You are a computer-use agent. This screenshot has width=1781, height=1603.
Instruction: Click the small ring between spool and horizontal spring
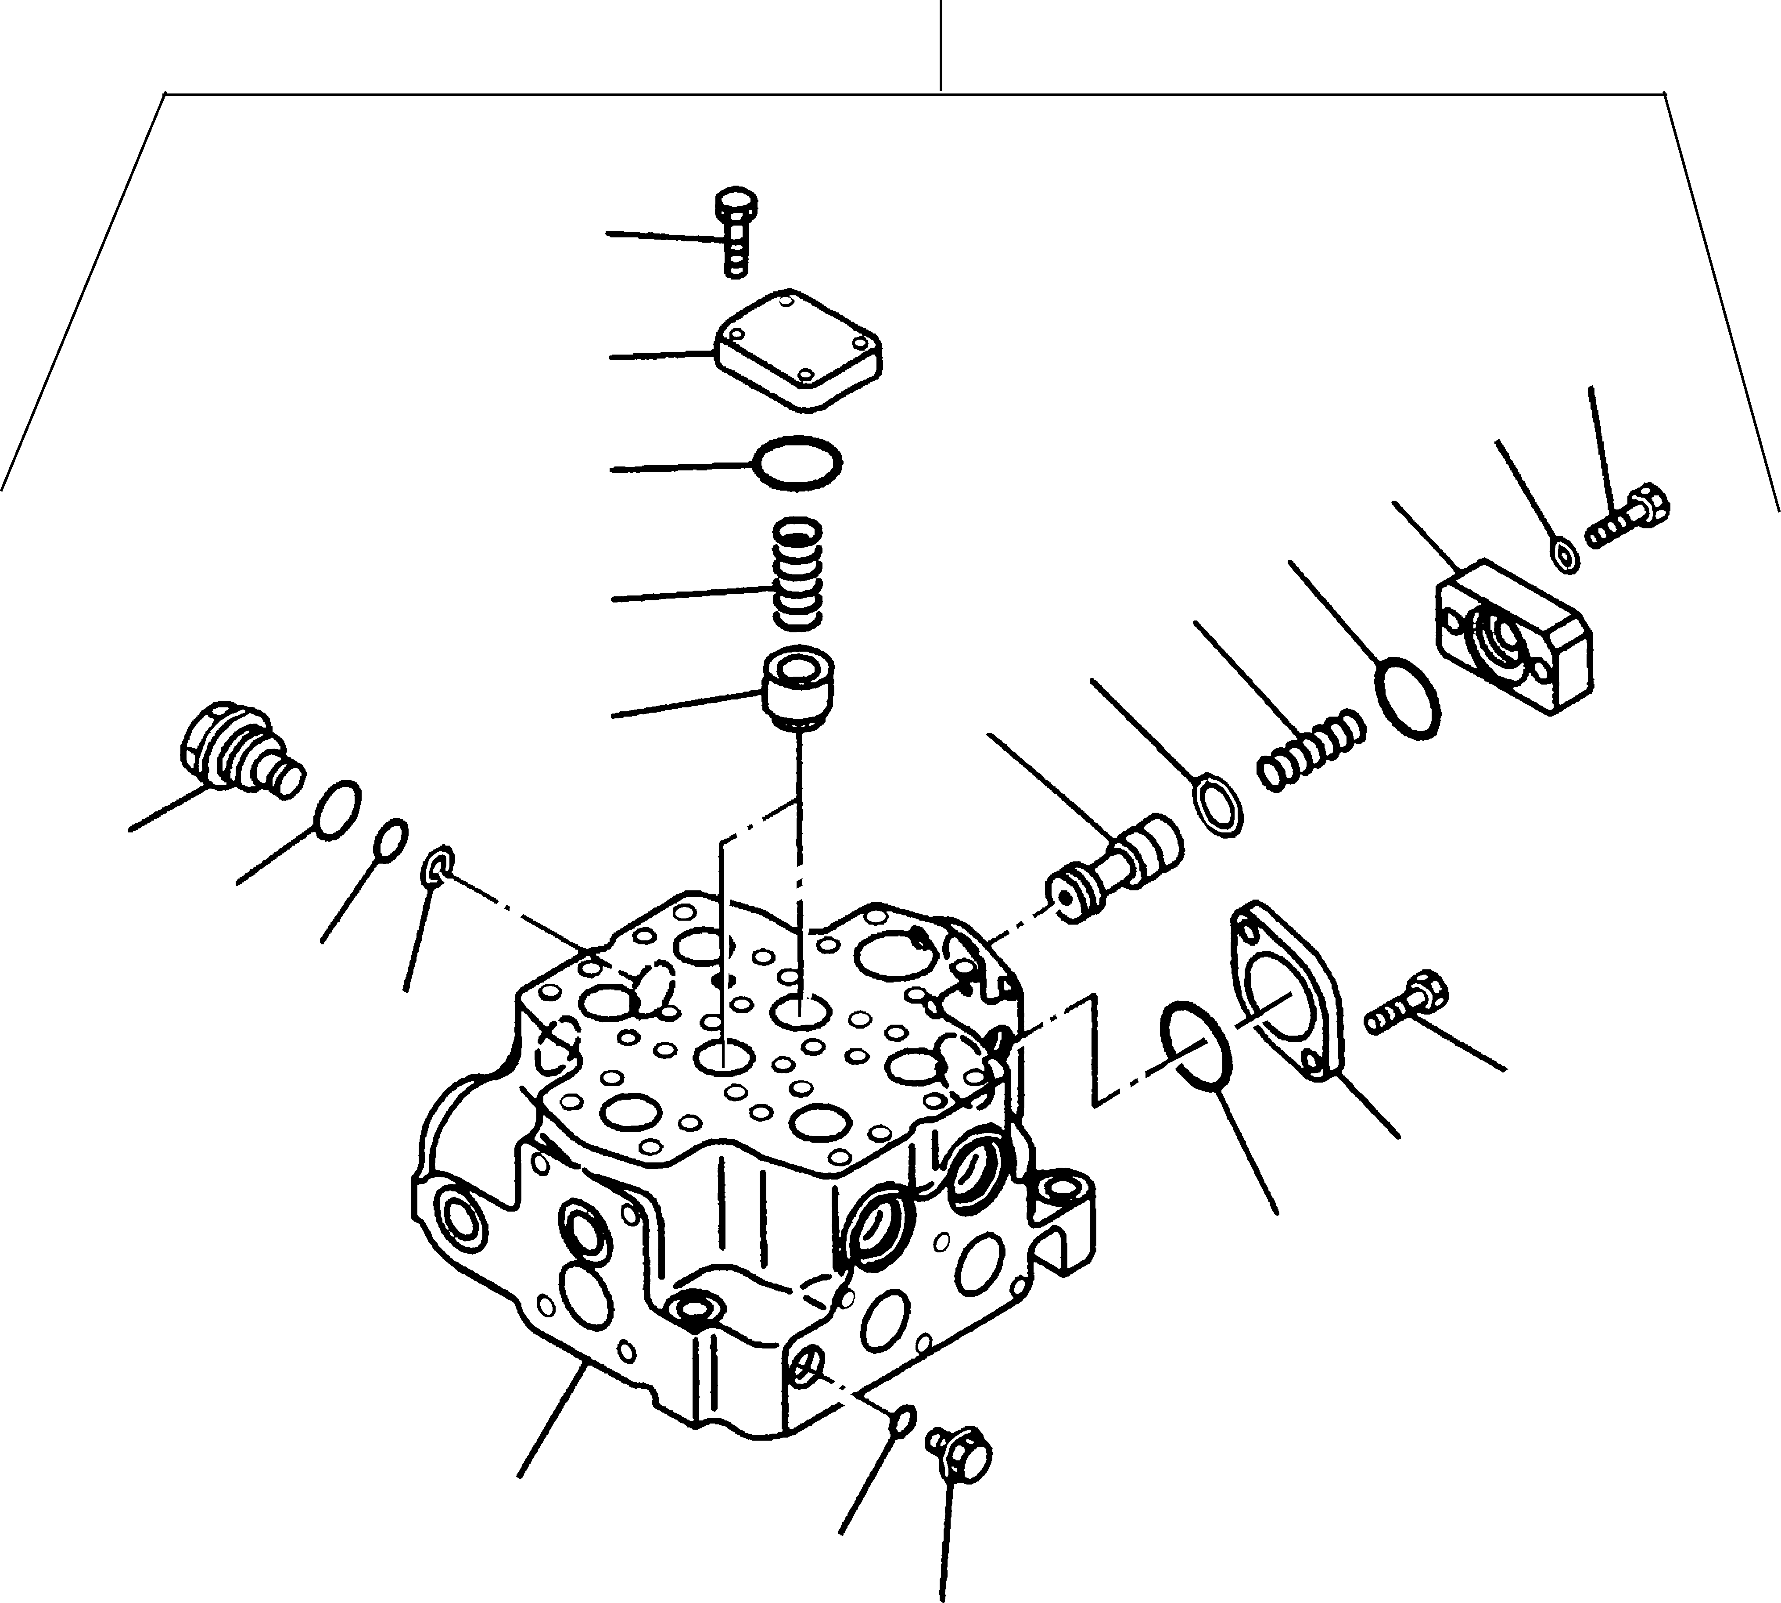pyautogui.click(x=1221, y=804)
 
